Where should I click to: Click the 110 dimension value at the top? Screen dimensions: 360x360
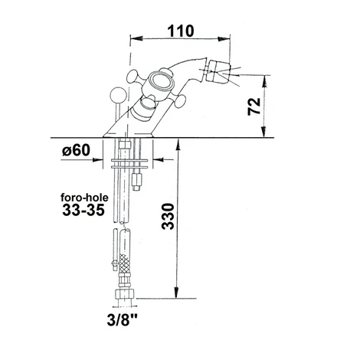(181, 31)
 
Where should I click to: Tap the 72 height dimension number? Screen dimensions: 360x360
(254, 106)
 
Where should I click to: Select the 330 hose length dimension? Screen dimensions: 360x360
(168, 216)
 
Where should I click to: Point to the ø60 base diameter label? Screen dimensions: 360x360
(76, 150)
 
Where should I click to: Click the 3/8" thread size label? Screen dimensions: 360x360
(123, 319)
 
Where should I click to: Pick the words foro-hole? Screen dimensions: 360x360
(84, 198)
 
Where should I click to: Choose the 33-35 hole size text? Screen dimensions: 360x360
(83, 211)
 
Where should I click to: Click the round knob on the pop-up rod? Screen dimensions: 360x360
(118, 95)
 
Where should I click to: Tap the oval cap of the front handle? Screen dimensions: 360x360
(160, 80)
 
